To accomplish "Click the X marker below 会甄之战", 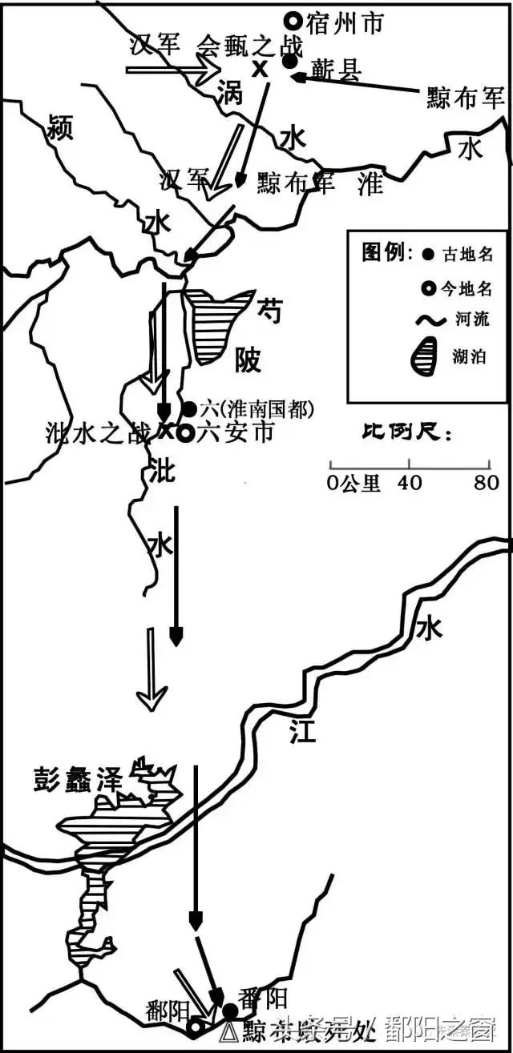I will pos(259,69).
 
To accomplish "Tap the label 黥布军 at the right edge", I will pos(467,98).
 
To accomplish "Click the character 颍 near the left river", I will pos(60,126).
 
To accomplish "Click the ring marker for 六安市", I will pos(185,433).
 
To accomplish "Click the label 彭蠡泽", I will pos(78,778).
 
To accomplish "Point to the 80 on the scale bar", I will pos(486,483).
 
